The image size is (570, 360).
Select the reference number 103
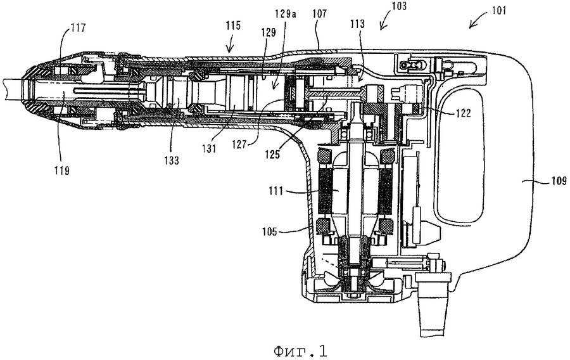point(399,6)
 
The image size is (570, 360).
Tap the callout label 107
point(320,14)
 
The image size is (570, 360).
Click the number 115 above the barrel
point(233,25)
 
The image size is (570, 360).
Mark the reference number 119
point(62,170)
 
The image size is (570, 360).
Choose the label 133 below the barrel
point(171,161)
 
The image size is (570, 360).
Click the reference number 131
point(210,149)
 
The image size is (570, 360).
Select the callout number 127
point(240,145)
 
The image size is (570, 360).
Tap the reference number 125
point(272,155)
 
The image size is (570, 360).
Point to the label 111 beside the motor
point(276,191)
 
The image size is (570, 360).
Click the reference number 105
point(270,231)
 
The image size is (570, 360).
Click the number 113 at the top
point(357,24)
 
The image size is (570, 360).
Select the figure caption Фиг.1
point(300,350)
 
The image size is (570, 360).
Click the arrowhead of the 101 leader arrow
point(470,27)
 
